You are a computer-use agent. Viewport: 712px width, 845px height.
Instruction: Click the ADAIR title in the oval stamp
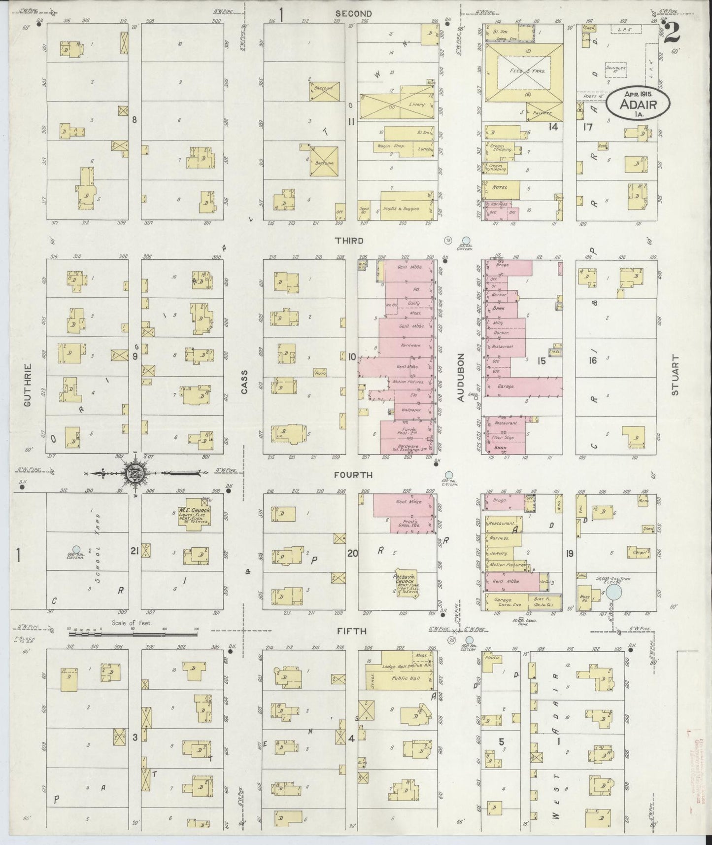click(x=638, y=105)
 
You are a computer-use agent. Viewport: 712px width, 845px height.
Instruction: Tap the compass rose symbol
click(x=137, y=473)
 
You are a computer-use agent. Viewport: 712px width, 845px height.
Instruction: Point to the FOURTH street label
click(x=353, y=475)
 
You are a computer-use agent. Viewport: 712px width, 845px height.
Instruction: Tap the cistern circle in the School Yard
click(x=76, y=549)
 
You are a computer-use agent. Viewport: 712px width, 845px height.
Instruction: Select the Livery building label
click(x=416, y=105)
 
